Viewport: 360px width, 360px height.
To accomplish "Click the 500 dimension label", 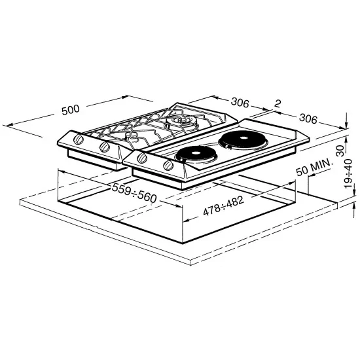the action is coord(71,110).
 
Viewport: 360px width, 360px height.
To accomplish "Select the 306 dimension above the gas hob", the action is coord(240,102).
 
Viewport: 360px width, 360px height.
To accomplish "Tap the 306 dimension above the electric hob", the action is coord(308,118).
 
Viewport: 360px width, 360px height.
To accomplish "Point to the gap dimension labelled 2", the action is coord(278,104).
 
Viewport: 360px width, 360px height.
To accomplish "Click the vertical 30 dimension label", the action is coord(341,151).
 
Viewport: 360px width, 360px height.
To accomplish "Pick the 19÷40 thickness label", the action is coord(348,174).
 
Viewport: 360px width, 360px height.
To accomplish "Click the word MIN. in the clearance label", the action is coord(321,166).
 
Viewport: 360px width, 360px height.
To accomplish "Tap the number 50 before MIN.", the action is coord(301,171).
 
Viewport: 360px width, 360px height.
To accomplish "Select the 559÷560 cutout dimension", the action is coord(134,193).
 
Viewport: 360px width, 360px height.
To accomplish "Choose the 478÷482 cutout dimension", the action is coord(223,206).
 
